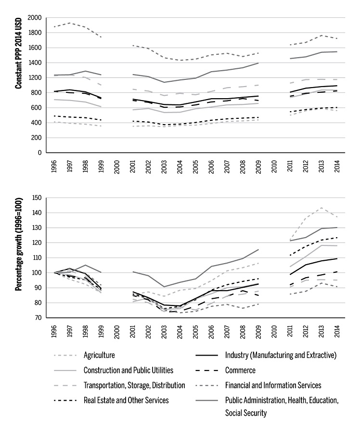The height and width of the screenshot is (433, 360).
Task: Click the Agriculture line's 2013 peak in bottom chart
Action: pos(321,208)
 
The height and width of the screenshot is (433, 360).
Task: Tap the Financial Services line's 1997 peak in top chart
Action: pos(70,23)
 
